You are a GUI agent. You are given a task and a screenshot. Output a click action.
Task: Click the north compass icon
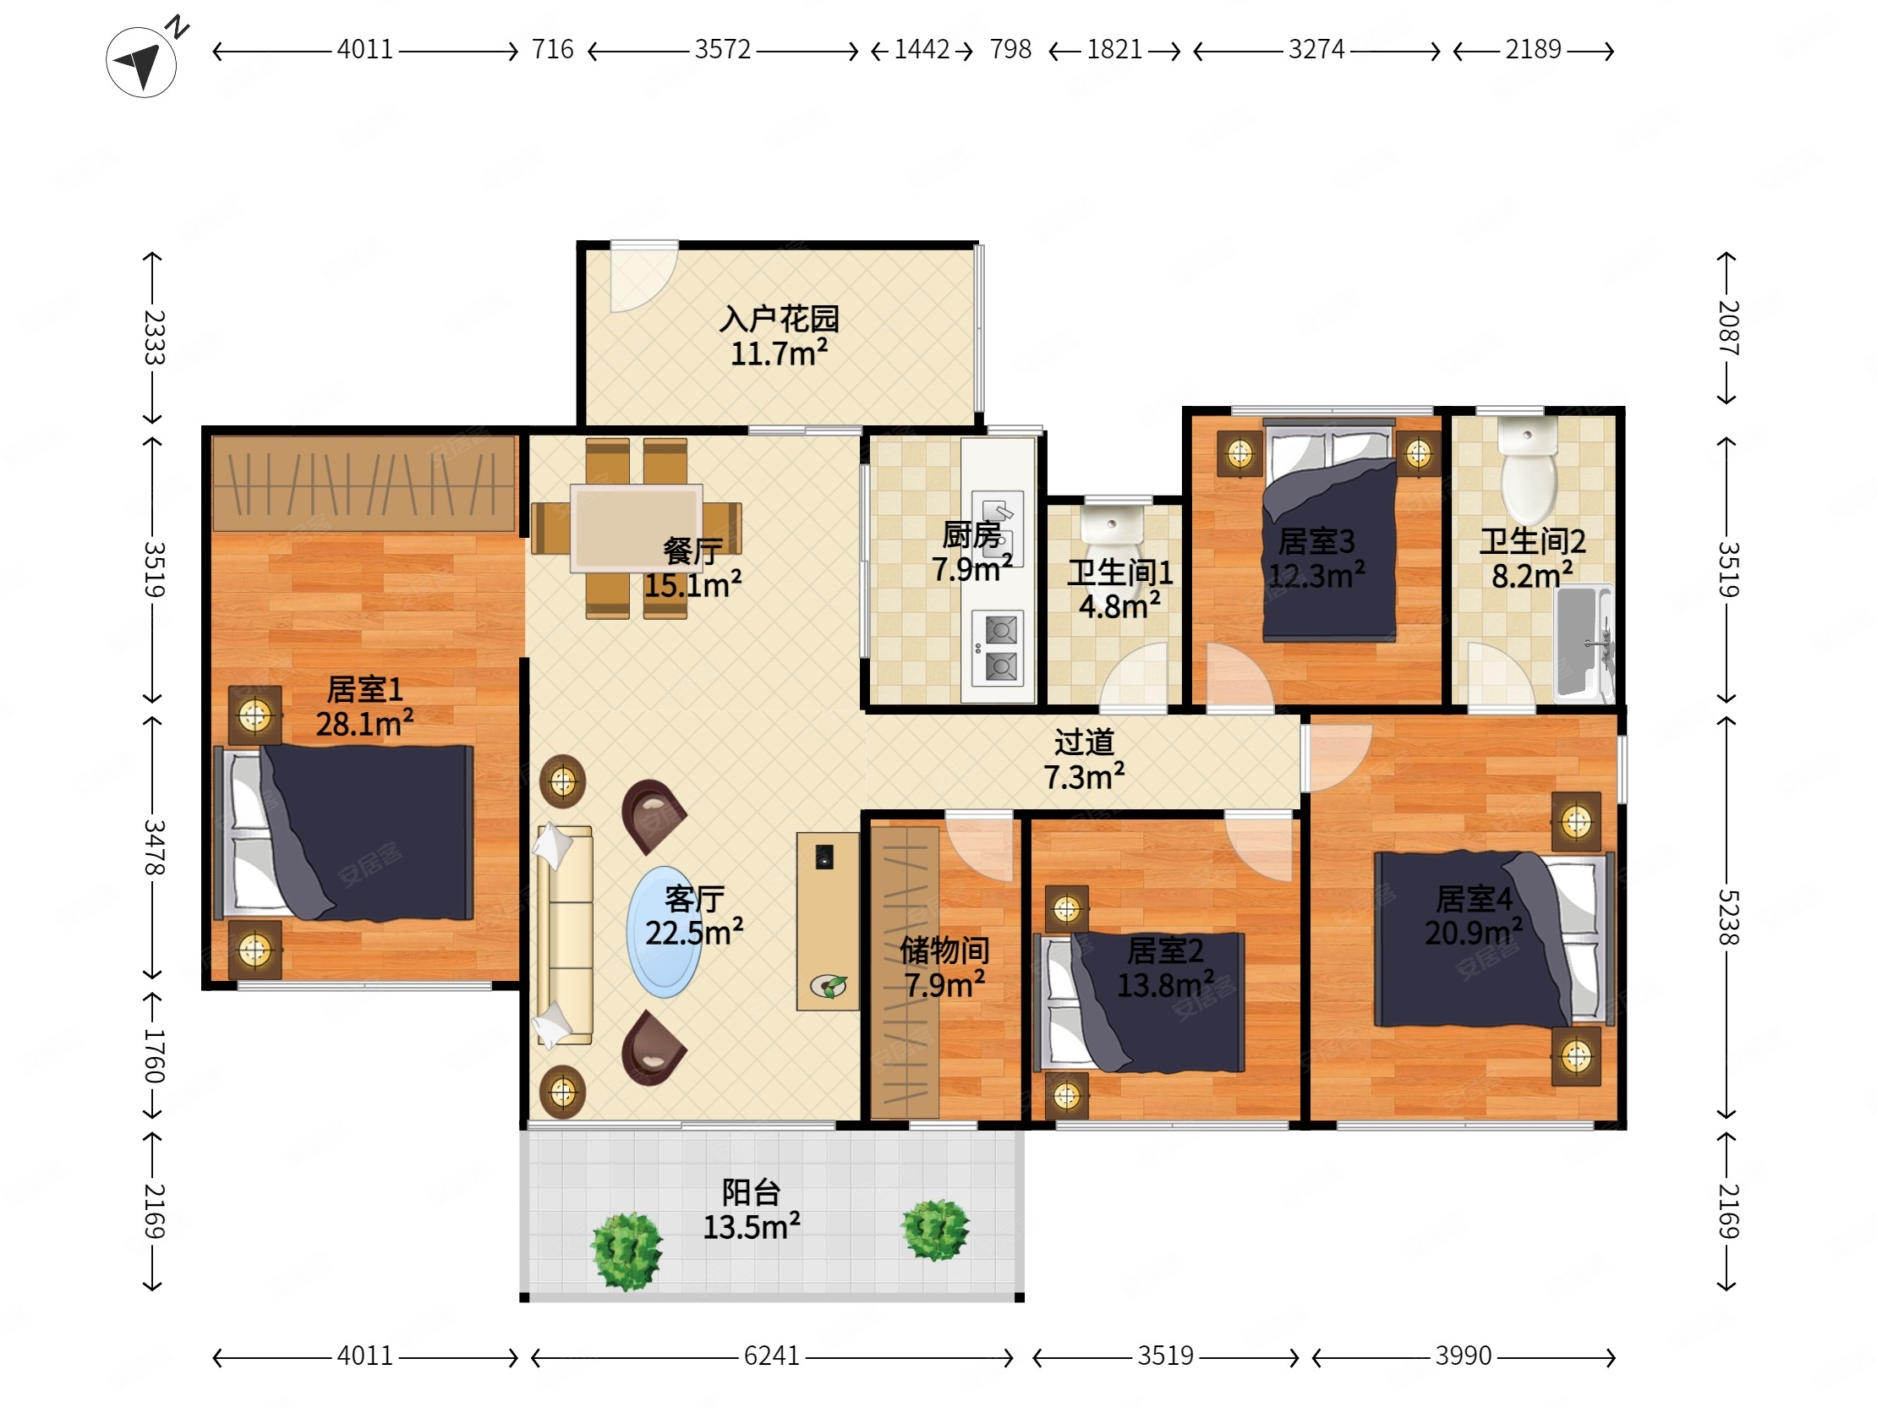[142, 61]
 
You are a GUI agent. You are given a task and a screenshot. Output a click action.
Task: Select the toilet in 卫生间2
[1529, 470]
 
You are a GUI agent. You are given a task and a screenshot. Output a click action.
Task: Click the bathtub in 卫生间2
[1584, 643]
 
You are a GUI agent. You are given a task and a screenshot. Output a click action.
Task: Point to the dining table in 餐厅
[637, 528]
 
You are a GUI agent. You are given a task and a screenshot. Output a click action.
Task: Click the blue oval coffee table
[665, 931]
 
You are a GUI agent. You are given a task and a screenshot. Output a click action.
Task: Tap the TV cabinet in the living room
[828, 921]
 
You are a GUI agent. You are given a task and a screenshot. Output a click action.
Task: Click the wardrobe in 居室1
[364, 484]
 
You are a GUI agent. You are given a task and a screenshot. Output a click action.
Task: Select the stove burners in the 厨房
[998, 649]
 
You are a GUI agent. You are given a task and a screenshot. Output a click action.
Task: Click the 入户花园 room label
[779, 319]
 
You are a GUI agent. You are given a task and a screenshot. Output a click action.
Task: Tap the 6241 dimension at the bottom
[771, 1356]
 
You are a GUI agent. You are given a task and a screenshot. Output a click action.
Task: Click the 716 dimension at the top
[552, 49]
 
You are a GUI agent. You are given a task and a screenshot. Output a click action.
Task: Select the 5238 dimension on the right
[1728, 918]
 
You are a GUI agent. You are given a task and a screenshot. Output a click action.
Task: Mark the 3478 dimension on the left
[154, 847]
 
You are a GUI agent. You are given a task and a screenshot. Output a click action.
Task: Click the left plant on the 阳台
[627, 1252]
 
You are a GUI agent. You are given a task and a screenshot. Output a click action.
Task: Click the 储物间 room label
[944, 951]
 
